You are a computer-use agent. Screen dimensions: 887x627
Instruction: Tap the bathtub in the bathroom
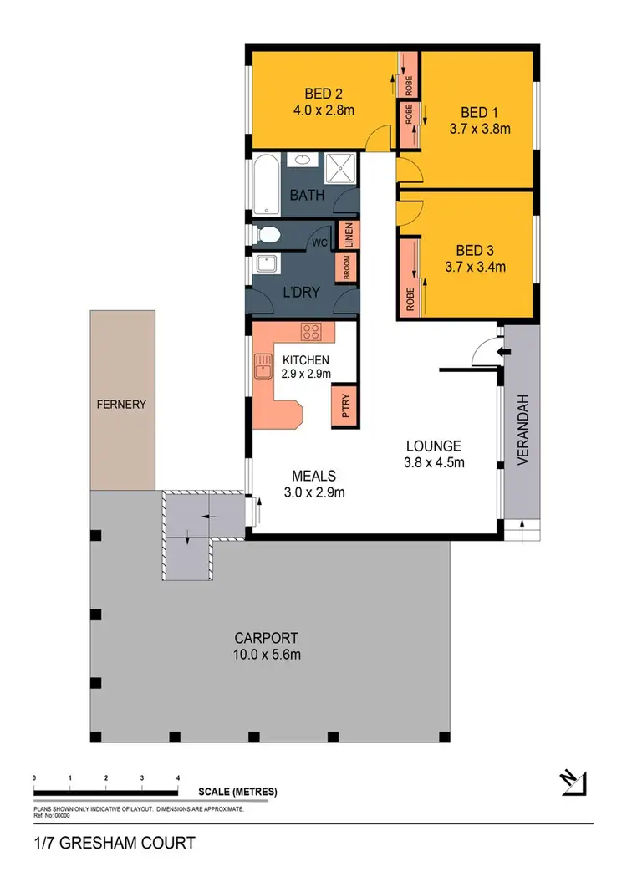[268, 185]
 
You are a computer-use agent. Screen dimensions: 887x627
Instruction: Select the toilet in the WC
[268, 233]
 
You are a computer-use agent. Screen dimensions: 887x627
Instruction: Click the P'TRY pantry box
[345, 407]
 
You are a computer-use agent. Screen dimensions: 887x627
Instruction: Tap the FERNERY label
[122, 405]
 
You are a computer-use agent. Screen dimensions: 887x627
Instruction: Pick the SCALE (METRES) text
[237, 791]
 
